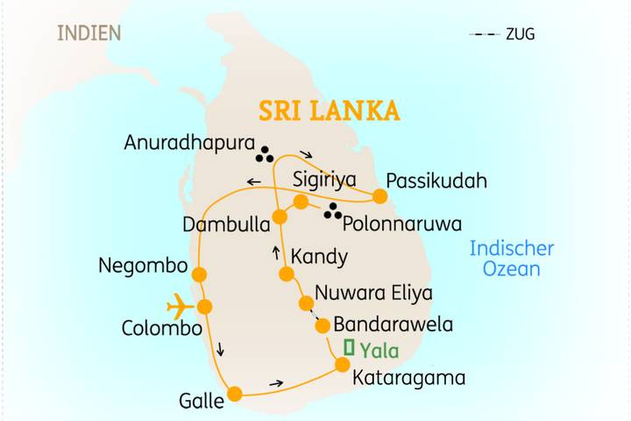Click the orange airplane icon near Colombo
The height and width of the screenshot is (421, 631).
pos(179,306)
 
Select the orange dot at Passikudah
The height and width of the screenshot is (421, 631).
pos(379,196)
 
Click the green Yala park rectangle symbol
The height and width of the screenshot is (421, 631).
pos(350,348)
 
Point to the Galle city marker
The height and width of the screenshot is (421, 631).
pos(235,394)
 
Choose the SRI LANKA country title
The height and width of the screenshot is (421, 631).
pos(329,111)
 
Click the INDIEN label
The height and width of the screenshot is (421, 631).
pos(89,34)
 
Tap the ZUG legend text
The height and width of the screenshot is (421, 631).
pos(520,35)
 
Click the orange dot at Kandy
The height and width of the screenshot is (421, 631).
pos(286,274)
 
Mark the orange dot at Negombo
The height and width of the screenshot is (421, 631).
pos(199,275)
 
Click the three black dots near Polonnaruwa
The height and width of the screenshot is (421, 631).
pos(332,211)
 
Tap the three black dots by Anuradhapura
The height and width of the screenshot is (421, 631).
pos(264,155)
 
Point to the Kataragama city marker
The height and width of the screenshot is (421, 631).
pos(344,364)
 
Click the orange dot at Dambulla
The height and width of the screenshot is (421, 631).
pos(280,217)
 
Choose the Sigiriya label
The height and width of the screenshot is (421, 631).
pos(325,181)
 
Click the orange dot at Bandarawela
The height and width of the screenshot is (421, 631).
pos(322,325)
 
